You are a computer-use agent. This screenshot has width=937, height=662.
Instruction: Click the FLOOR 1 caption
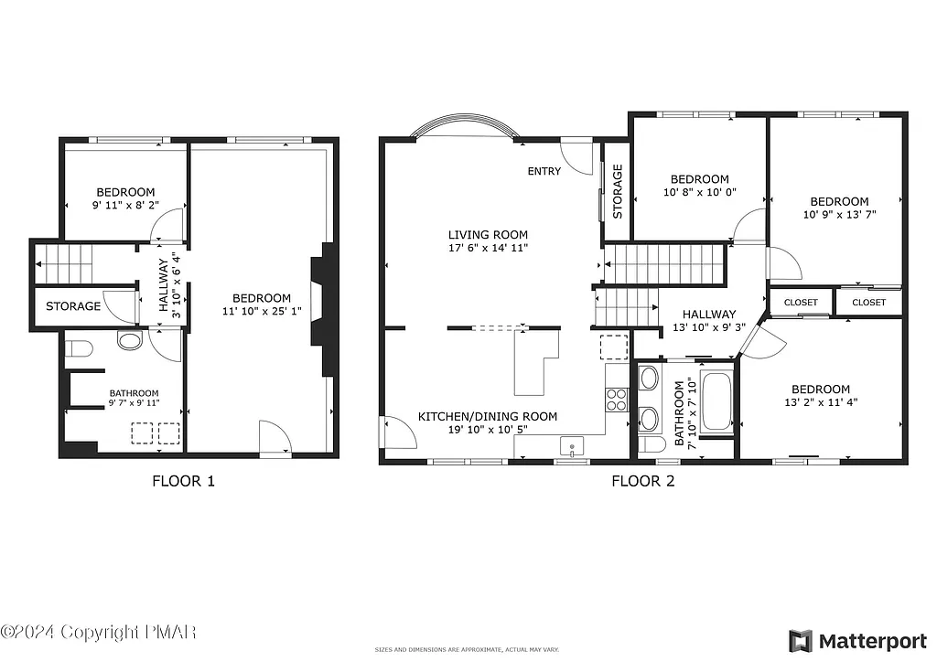(x=183, y=481)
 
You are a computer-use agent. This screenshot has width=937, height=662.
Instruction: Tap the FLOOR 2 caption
(x=642, y=481)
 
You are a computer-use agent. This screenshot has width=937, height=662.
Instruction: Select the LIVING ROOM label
(x=488, y=235)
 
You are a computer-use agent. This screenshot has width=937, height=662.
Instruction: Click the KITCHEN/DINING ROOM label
(x=488, y=416)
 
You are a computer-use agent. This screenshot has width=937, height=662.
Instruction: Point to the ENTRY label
(x=544, y=172)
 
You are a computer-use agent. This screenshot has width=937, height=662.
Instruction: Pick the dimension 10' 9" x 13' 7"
(x=839, y=217)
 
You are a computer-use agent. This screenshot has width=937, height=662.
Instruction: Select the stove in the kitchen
(x=617, y=399)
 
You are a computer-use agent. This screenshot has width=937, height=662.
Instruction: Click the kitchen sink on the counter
(x=573, y=446)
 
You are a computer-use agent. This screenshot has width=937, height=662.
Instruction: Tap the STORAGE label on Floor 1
(x=73, y=306)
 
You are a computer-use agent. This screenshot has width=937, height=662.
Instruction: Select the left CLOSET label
(x=801, y=302)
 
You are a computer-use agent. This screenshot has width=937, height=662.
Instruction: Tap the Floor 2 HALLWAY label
(x=704, y=314)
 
